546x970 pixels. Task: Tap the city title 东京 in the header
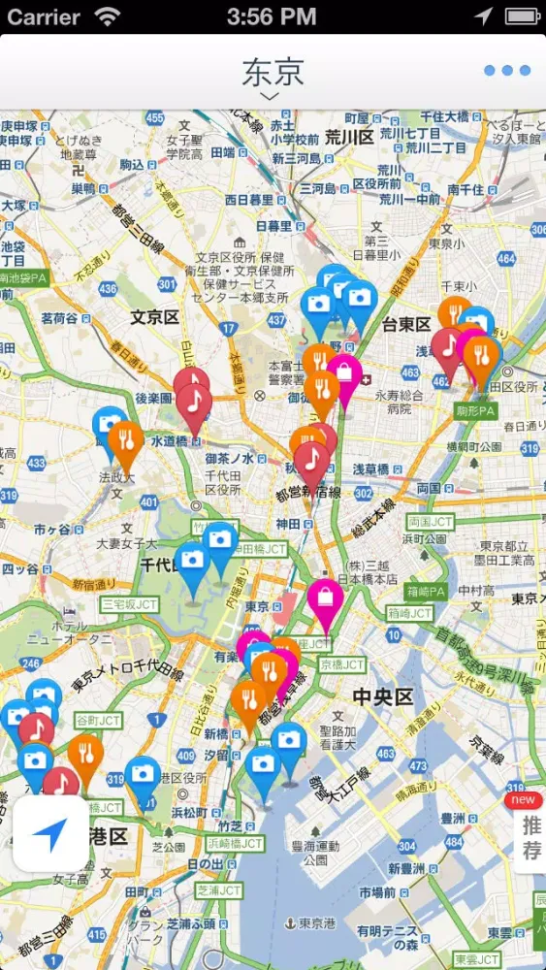coord(273,71)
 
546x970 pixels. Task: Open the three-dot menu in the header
coord(507,70)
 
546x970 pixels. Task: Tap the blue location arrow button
coord(51,832)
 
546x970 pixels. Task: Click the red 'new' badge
coord(523,799)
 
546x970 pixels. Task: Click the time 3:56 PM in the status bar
coord(272,16)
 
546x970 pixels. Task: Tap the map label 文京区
coord(155,317)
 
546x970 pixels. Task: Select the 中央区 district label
coord(382,696)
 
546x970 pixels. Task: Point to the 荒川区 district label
coord(349,137)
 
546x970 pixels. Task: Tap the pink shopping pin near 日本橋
coord(325,601)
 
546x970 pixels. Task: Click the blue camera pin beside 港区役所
coord(143,777)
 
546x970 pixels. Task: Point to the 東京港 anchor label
coord(310,923)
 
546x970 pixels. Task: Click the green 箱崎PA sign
coord(426,591)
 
